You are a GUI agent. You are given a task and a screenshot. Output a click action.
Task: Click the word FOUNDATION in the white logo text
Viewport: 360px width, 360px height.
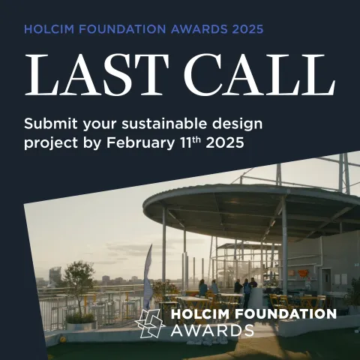pos(281,313)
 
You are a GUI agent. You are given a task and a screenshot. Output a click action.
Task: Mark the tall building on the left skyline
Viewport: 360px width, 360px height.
pos(55,276)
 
